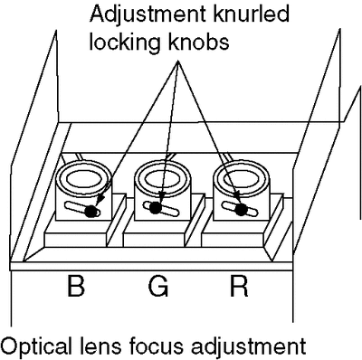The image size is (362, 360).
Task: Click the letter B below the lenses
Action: pos(75,285)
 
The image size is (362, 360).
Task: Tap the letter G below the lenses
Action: pos(158,285)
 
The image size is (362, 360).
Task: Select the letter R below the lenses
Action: pos(239,285)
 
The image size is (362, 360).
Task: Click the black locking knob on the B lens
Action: pos(90,212)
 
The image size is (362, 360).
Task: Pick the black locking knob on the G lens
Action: pos(155,208)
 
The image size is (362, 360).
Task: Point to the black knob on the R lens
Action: pos(241,209)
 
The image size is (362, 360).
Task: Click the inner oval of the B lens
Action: pos(83,180)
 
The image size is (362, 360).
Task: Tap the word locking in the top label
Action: pos(125,43)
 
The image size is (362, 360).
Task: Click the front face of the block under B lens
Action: pos(74,241)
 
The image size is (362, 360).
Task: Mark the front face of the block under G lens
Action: pos(153,241)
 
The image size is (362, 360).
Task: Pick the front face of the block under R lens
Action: pos(232,241)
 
